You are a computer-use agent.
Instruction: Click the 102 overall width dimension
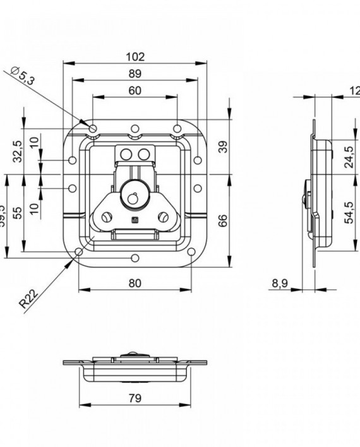coord(135,56)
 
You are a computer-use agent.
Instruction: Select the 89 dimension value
coord(135,74)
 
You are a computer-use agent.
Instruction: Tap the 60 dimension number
coord(135,90)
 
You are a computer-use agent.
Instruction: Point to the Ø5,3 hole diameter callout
coord(23,77)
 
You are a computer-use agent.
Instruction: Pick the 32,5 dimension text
coord(18,152)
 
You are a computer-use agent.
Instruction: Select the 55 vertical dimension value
coord(18,212)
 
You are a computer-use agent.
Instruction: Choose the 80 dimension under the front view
coord(134,283)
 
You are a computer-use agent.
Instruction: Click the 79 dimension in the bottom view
coord(134,398)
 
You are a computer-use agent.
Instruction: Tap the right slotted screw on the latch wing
coord(164,218)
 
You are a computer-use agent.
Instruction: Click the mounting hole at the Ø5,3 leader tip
coord(93,129)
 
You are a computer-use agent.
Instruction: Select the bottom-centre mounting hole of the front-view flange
coord(134,258)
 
